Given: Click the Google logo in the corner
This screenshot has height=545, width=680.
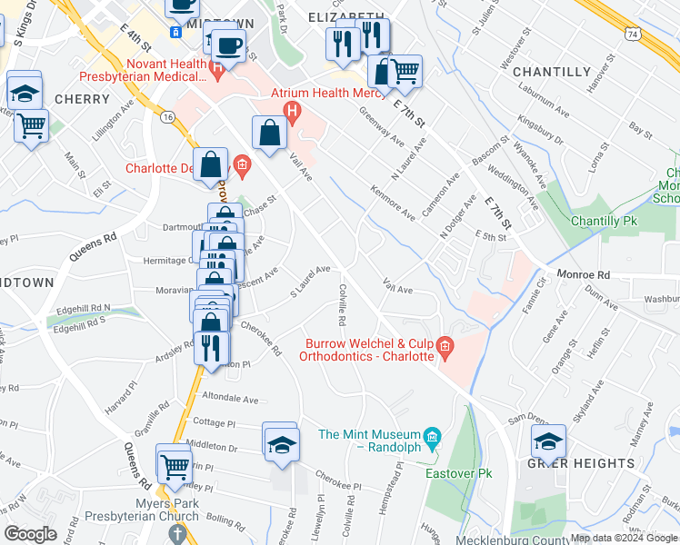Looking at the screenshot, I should click(x=30, y=534).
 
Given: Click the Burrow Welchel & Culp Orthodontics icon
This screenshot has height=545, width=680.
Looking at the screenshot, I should click(x=445, y=345).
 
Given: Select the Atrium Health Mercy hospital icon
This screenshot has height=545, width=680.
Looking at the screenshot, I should click(x=292, y=113).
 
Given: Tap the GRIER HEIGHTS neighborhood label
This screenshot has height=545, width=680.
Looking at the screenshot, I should click(x=581, y=463).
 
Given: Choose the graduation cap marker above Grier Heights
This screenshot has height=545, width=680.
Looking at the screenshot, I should click(x=548, y=441).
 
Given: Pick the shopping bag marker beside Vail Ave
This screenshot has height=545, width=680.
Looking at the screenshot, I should click(x=271, y=133).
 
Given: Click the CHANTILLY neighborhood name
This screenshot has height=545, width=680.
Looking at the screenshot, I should click(x=552, y=72).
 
